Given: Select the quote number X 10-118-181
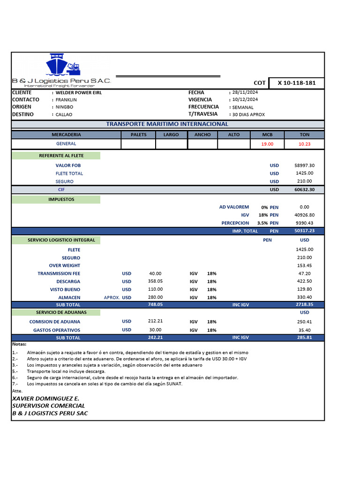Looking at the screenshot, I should click(297, 83).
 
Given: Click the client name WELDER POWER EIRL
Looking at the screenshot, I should click(78, 93).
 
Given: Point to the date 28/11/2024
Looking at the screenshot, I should click(245, 93).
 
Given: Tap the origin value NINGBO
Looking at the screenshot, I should click(64, 107).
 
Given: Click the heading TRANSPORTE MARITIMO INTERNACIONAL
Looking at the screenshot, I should click(167, 124).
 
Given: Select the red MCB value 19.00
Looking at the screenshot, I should click(267, 144).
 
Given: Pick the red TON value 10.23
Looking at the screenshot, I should click(304, 144).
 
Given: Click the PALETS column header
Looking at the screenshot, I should click(138, 135).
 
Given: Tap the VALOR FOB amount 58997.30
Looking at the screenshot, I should click(305, 165).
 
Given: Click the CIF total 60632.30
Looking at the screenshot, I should click(305, 189).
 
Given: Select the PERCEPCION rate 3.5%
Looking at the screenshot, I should click(262, 223).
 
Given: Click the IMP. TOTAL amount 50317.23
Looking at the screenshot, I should click(305, 231).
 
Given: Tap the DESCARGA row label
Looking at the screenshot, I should click(68, 282).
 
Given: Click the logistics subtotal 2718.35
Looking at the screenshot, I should click(305, 305).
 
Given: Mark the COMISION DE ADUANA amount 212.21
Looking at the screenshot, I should click(155, 322).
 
